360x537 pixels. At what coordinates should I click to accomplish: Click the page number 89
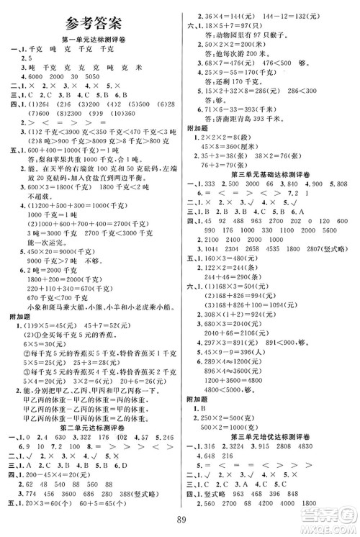(x=179, y=523)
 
